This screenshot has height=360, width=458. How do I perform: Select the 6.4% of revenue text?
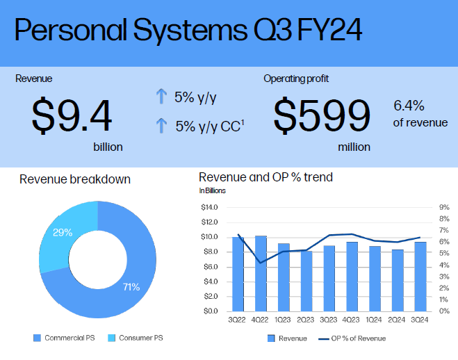[420, 114]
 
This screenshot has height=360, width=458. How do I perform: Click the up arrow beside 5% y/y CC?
[161, 126]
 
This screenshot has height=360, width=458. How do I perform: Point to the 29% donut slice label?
[63, 233]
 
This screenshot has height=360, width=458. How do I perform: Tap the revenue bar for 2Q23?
[306, 281]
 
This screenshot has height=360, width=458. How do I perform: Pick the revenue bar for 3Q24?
[420, 276]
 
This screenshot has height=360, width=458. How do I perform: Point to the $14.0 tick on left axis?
[208, 207]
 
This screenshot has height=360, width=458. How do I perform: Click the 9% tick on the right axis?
[444, 207]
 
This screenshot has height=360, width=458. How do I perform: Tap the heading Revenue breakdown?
[75, 180]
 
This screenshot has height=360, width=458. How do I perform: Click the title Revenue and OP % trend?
[265, 177]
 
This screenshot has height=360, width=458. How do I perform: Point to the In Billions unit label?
[212, 190]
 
